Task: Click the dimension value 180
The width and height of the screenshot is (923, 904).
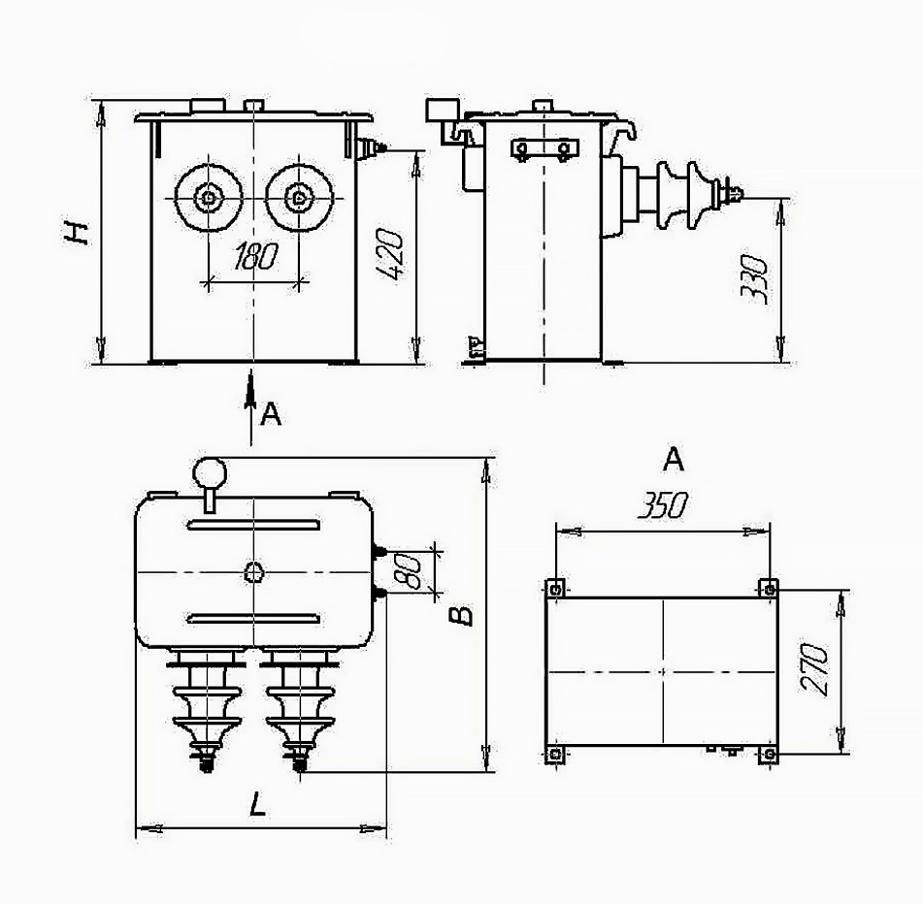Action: coord(255,256)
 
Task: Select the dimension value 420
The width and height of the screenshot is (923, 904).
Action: coord(390,254)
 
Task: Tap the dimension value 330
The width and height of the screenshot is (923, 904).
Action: coord(755,278)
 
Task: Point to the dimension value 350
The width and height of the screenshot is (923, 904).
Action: coord(662,505)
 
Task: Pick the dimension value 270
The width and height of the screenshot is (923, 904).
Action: coord(814,670)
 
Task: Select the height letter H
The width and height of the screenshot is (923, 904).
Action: coord(77,233)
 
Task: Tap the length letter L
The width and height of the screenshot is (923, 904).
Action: coord(257,804)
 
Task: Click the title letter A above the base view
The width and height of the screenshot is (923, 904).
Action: coord(674,460)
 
